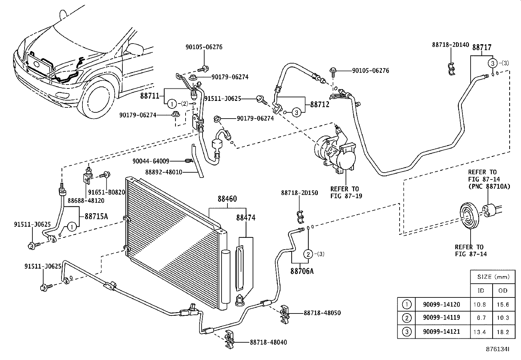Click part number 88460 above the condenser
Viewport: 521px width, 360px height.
click(x=227, y=199)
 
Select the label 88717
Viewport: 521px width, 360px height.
click(x=482, y=47)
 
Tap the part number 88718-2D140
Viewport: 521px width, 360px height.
click(x=451, y=45)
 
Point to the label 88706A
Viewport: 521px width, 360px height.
click(x=302, y=271)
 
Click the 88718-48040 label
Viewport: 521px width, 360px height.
click(x=268, y=342)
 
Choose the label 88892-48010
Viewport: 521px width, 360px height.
click(x=164, y=172)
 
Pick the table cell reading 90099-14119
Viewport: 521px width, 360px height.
click(x=441, y=318)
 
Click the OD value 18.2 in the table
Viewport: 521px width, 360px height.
click(x=503, y=332)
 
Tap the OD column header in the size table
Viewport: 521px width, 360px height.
click(x=503, y=291)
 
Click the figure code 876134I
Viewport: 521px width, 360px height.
click(x=497, y=349)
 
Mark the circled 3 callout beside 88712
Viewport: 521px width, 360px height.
click(x=296, y=113)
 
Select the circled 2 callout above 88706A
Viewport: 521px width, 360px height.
click(x=308, y=254)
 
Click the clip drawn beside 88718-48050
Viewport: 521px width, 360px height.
click(x=285, y=314)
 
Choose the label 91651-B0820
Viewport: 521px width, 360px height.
click(x=107, y=192)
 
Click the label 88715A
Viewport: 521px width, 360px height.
click(x=96, y=216)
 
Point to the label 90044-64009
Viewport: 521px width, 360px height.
click(x=151, y=161)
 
